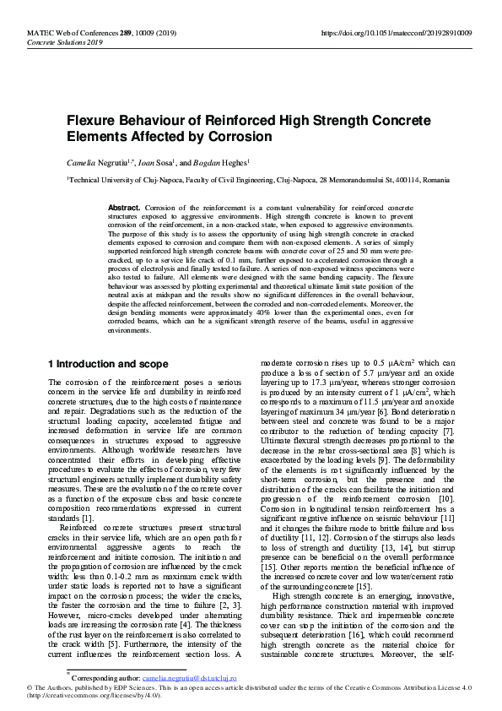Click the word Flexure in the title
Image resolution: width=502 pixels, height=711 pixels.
click(92, 121)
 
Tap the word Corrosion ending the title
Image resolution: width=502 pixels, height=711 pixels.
click(241, 137)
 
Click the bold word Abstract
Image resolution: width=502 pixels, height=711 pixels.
click(125, 207)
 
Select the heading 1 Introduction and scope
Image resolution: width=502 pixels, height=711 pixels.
click(107, 364)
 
